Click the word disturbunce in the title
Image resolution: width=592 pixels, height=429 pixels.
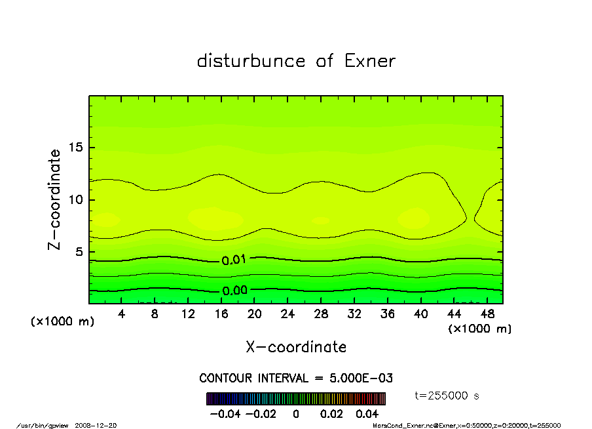[x=251, y=61]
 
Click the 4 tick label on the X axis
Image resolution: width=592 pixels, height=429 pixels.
[x=122, y=314]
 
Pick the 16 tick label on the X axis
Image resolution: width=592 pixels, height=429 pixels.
[x=221, y=314]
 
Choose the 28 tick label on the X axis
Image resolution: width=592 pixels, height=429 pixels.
[x=321, y=314]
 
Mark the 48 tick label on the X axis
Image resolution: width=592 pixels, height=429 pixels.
[x=487, y=314]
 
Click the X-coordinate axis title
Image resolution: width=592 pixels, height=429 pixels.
[x=296, y=347]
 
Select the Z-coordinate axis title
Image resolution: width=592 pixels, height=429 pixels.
[x=55, y=199]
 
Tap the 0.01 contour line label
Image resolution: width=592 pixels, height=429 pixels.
[x=234, y=260]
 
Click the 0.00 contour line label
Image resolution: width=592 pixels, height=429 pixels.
[x=234, y=291]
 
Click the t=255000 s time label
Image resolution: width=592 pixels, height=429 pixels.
[x=448, y=396]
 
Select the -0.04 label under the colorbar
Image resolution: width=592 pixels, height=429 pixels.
[x=224, y=414]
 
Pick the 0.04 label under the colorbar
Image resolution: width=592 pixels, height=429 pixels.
[x=367, y=414]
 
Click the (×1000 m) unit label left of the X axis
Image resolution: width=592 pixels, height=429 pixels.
[x=63, y=322]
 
